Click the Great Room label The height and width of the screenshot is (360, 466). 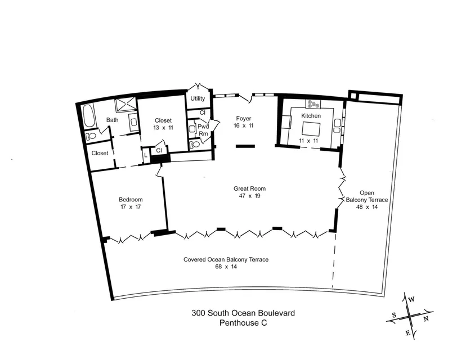click(249, 188)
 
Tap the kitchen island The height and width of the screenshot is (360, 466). click(311, 129)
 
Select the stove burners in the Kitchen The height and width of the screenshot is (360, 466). click(313, 104)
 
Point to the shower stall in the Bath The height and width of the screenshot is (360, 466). click(126, 105)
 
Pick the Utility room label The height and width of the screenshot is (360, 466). click(198, 98)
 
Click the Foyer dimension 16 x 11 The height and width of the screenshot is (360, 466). click(243, 125)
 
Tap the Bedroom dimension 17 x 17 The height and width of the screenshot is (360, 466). click(131, 207)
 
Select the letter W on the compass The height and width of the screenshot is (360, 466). click(411, 299)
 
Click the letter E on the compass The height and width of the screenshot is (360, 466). click(408, 333)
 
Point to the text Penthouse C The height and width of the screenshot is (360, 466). click(243, 323)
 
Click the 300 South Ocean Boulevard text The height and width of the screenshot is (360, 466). click(243, 313)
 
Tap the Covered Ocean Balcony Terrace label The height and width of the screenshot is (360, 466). click(226, 259)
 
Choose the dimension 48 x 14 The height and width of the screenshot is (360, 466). click(367, 207)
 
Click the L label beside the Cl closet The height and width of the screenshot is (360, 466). click(146, 155)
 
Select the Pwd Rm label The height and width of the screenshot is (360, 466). click(203, 130)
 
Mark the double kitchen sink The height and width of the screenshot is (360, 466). click(337, 125)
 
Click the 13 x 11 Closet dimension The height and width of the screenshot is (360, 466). click(163, 128)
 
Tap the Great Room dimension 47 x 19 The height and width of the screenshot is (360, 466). click(249, 195)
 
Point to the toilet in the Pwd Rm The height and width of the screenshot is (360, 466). click(195, 145)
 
